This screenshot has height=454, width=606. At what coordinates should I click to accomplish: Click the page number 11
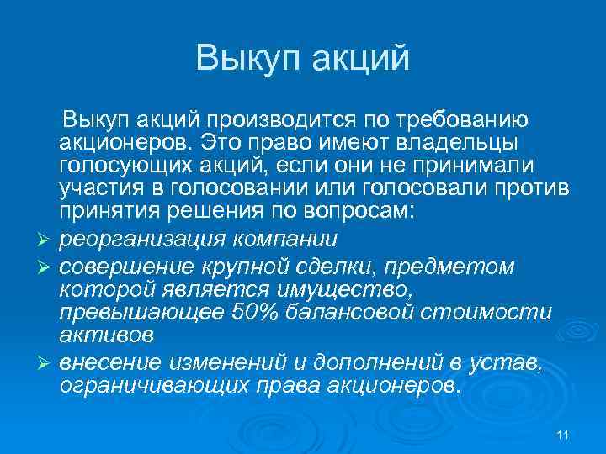[564, 435]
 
